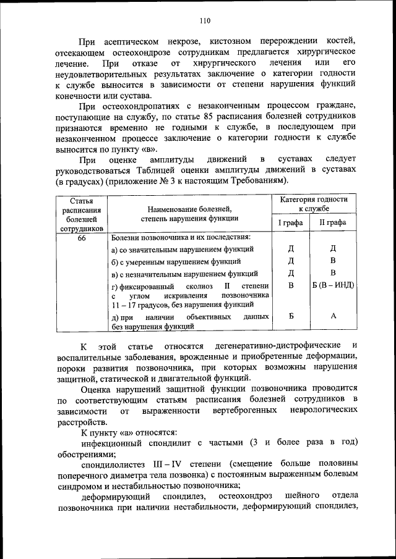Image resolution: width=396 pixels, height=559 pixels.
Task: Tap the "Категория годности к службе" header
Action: (x=313, y=204)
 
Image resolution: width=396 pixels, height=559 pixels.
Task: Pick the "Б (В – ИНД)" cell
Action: (x=333, y=285)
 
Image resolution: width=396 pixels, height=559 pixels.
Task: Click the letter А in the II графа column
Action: (x=333, y=316)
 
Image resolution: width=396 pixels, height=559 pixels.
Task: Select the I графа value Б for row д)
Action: (x=291, y=316)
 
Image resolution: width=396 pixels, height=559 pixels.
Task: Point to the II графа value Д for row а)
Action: (x=333, y=248)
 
